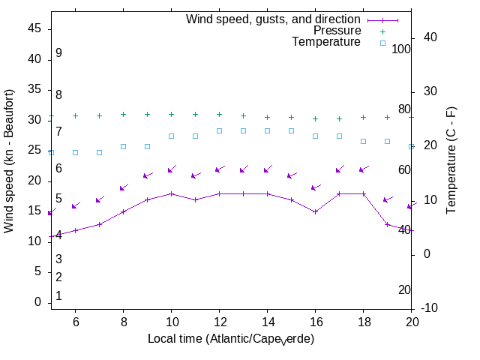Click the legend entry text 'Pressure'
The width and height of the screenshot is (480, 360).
coord(337,31)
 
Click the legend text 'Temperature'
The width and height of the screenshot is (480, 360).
coord(326,42)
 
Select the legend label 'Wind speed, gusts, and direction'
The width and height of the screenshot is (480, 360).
coord(274,19)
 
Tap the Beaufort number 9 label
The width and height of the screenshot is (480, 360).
coord(58,53)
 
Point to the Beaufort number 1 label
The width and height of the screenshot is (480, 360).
coord(58,296)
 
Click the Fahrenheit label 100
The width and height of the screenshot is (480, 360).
coord(401,49)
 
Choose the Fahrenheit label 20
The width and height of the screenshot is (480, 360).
coord(404,289)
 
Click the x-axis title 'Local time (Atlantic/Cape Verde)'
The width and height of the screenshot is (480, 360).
coord(231,339)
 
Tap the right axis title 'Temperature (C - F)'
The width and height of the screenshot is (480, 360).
coord(451,160)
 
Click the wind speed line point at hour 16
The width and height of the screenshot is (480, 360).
coord(316,211)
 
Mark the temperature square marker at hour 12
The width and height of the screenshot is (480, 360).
coord(220,130)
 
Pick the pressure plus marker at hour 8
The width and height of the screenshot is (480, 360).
coord(124,115)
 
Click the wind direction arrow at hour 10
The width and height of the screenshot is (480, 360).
coord(172,169)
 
